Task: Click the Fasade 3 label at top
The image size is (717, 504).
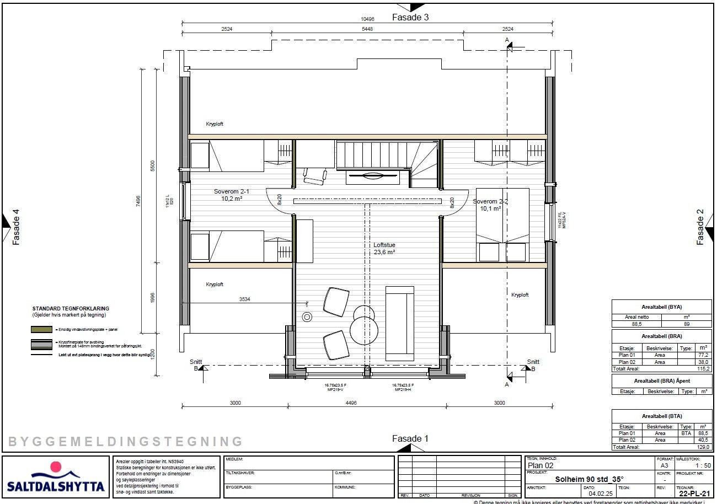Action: pyautogui.click(x=410, y=17)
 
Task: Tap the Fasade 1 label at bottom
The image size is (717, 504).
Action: pyautogui.click(x=410, y=439)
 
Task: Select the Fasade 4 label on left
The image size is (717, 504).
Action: pyautogui.click(x=16, y=227)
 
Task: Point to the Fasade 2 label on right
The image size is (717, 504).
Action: pyautogui.click(x=700, y=227)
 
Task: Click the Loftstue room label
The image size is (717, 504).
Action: pyautogui.click(x=384, y=245)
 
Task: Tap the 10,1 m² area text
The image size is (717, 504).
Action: pyautogui.click(x=490, y=208)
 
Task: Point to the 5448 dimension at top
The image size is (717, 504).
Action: pyautogui.click(x=367, y=29)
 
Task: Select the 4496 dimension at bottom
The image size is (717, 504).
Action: pyautogui.click(x=367, y=403)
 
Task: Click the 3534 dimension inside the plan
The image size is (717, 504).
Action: pyautogui.click(x=245, y=299)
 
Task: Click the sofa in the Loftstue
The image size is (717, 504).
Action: pyautogui.click(x=400, y=323)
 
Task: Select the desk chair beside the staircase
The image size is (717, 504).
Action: pyautogui.click(x=315, y=176)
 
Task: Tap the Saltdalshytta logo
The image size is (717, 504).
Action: pyautogui.click(x=56, y=477)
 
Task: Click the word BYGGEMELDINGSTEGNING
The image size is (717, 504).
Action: pyautogui.click(x=126, y=442)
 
